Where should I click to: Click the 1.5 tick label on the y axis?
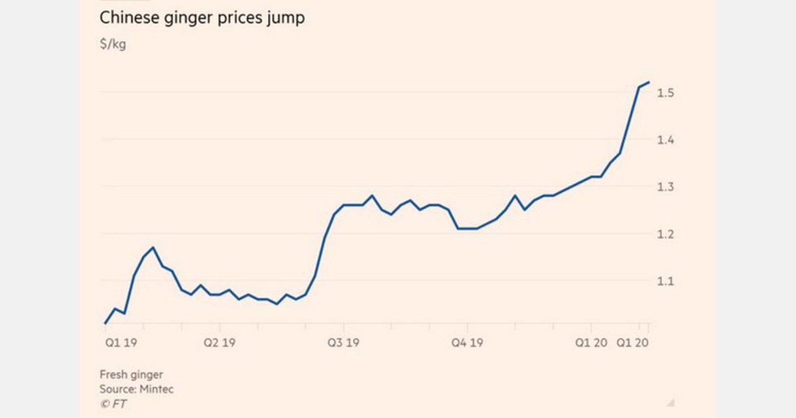(x=665, y=93)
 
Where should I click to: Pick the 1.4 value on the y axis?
(x=665, y=140)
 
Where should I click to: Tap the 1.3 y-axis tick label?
(x=665, y=187)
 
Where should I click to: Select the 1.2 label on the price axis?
(x=665, y=234)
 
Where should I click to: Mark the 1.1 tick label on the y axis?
(x=665, y=281)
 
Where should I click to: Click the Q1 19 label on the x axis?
(x=120, y=343)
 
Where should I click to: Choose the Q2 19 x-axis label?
(x=219, y=343)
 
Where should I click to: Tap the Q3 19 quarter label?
(x=343, y=343)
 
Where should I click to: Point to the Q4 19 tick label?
(x=467, y=343)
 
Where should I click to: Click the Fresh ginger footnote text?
(x=131, y=375)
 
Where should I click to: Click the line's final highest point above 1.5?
(x=649, y=82)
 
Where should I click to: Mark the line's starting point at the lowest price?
(x=105, y=323)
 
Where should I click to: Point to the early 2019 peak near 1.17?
(x=153, y=247)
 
